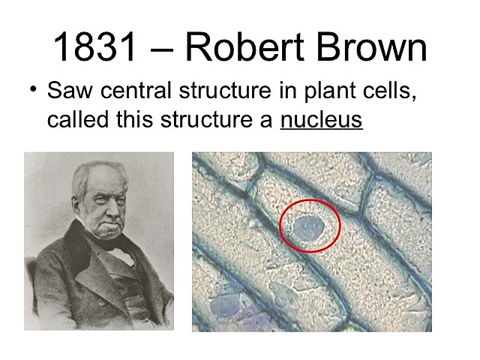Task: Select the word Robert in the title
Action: click(238, 47)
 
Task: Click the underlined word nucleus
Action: click(321, 119)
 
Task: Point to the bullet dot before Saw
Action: click(33, 91)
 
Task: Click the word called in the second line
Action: click(75, 119)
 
